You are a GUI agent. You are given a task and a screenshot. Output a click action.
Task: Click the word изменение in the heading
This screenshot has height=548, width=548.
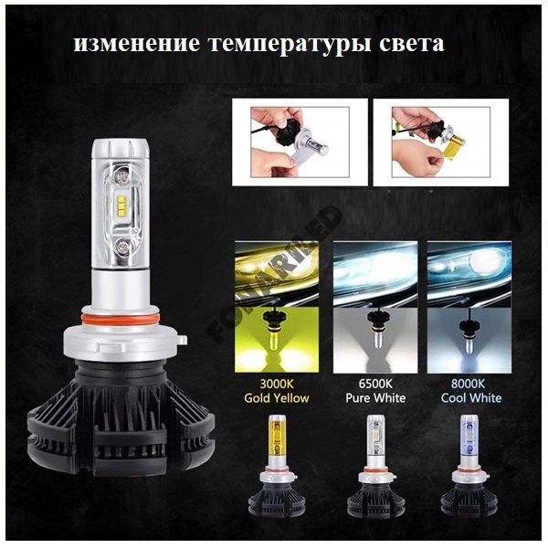(137, 44)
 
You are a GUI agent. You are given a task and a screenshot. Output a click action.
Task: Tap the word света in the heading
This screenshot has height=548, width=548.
(412, 44)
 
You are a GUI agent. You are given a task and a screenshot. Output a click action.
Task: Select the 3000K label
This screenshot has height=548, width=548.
(277, 384)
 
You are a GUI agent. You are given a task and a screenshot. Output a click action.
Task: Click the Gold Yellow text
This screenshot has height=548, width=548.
(277, 398)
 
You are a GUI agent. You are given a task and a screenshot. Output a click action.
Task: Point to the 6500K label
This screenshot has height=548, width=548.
(375, 384)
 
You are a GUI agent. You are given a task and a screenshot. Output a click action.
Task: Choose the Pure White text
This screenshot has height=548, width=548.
(375, 398)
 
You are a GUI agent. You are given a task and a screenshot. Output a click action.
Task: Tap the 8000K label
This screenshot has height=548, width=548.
(468, 384)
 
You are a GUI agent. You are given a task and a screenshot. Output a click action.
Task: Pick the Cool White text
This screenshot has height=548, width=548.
(471, 398)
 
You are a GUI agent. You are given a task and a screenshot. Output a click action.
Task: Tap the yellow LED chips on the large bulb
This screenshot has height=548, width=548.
(121, 206)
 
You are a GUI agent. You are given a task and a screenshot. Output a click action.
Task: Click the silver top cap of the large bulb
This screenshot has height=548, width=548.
(121, 149)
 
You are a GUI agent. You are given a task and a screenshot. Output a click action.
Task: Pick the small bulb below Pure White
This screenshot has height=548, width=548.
(375, 466)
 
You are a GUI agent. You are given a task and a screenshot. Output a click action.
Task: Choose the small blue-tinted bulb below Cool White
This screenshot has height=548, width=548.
(469, 466)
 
